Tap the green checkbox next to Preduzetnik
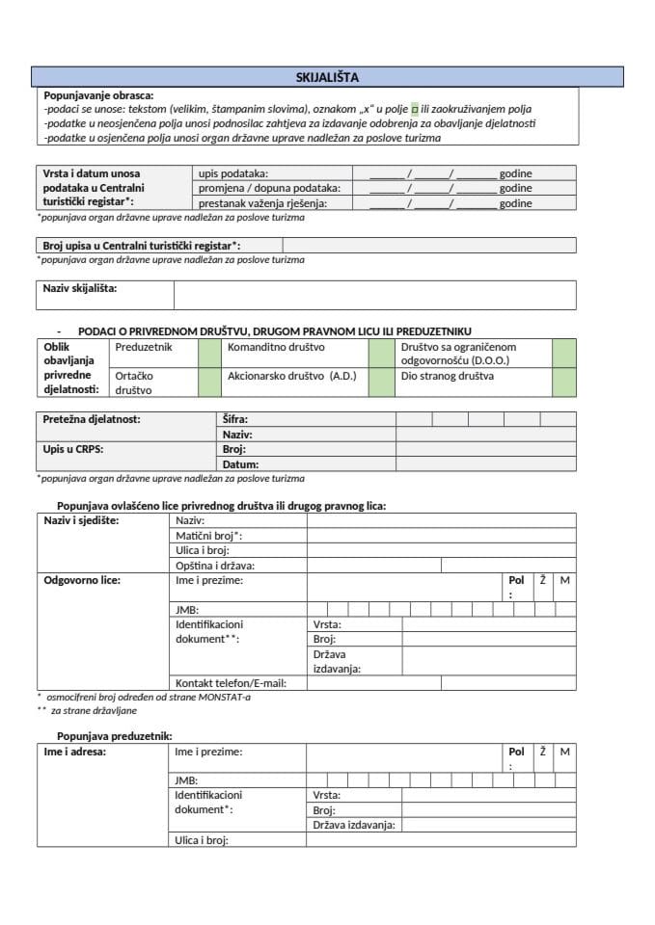coord(209,353)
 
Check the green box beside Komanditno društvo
coord(381,353)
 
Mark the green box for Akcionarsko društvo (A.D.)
coord(381,383)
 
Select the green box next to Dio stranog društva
coord(564,383)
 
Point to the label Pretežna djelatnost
coord(92,419)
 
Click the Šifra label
coord(236,419)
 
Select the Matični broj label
coord(208,535)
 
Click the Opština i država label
coord(221,566)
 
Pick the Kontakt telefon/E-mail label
coord(231,682)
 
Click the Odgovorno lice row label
coord(83,580)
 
